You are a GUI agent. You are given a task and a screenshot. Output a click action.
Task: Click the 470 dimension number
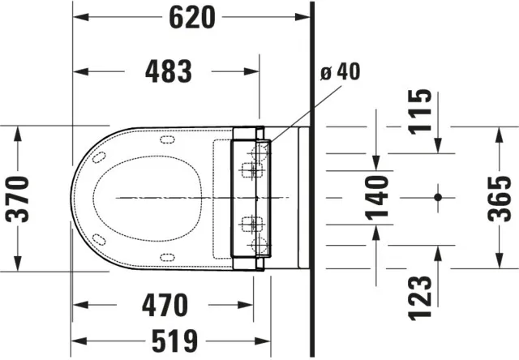[165, 306]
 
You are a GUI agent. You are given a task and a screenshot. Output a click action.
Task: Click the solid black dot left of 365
[437, 196]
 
